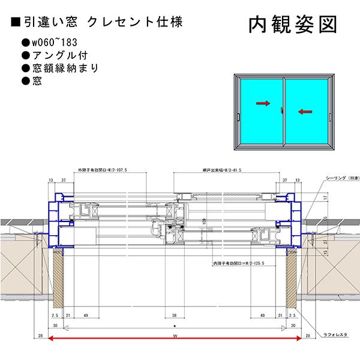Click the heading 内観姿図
point(292,25)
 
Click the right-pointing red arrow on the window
point(263,104)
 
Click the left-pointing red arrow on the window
point(304,110)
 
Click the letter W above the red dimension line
point(175,335)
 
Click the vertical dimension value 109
point(203,223)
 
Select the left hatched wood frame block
point(58,279)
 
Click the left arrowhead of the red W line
point(52,339)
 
